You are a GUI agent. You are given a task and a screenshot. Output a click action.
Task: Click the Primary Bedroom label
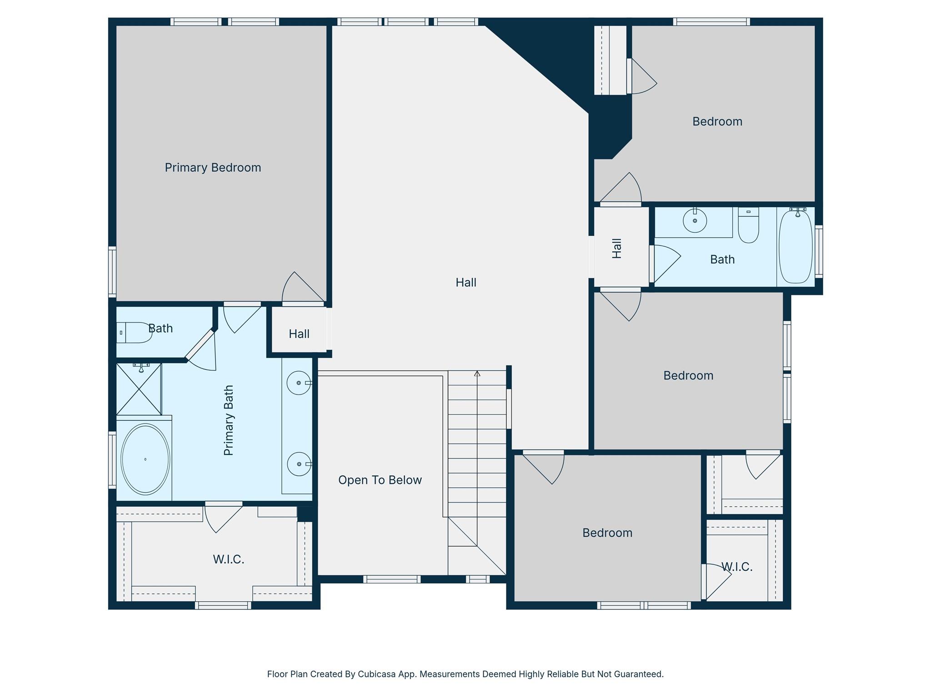coord(213,168)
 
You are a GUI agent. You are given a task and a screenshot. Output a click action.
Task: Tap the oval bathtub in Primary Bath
coord(145,459)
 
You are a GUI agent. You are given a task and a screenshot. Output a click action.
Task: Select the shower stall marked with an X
coord(139,389)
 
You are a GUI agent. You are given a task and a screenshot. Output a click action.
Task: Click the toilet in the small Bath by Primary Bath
coord(135,333)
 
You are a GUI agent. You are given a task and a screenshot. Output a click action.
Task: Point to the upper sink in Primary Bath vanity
coord(299,383)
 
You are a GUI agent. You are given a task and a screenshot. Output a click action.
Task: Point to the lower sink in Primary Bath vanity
coord(299,464)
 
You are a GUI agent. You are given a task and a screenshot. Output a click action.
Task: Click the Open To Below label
coord(380,480)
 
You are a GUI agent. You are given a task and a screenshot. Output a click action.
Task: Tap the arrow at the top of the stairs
coord(477,374)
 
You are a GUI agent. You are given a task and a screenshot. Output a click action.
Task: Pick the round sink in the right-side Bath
coord(695,221)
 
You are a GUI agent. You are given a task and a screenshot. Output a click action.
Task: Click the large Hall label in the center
coord(466,283)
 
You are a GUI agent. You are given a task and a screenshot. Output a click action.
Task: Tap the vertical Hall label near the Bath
coord(617,249)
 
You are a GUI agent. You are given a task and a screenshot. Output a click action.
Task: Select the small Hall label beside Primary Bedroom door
coord(299,334)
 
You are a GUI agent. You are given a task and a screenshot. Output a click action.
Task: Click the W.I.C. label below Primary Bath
coord(229,559)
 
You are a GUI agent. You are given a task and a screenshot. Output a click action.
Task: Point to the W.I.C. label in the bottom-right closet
coord(737,567)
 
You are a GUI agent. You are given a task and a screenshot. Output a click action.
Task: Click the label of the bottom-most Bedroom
coord(607,533)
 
